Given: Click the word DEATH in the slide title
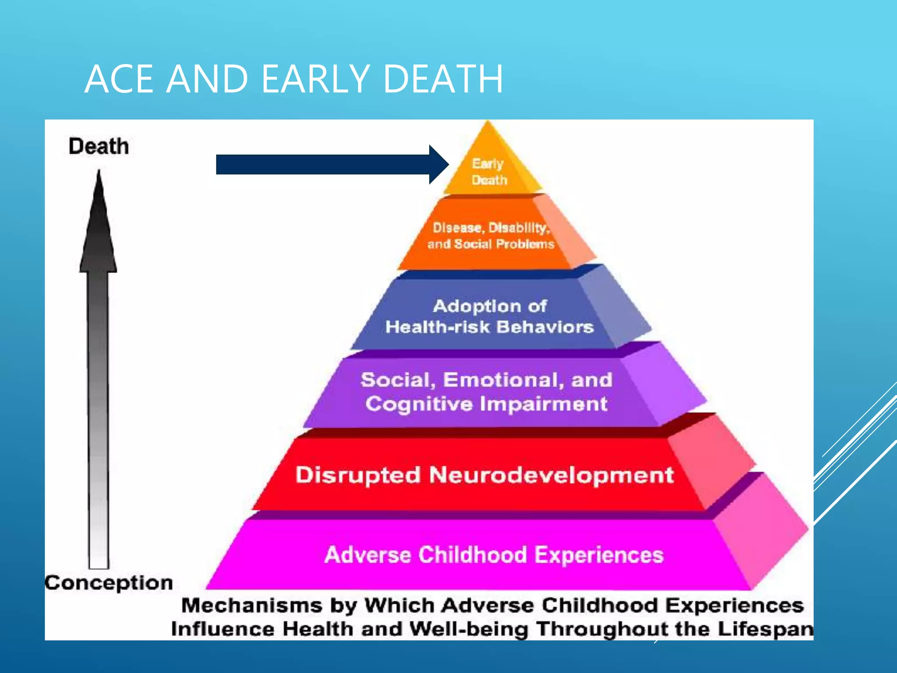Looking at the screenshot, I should [x=442, y=79].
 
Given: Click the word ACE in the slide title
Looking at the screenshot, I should [x=119, y=79].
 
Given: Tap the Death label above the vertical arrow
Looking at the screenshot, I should [x=99, y=146].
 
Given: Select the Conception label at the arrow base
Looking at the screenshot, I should [x=109, y=583].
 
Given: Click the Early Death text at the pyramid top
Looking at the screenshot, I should [x=489, y=172].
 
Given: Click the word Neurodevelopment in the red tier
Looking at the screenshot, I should [x=551, y=475].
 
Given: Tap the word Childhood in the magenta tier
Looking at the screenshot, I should [x=473, y=555].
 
